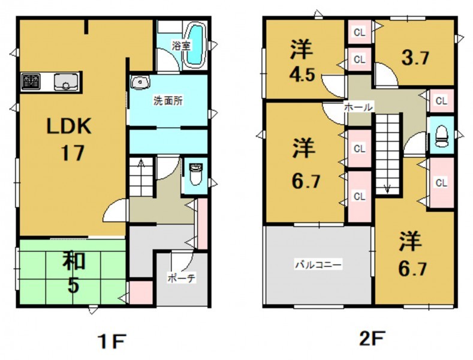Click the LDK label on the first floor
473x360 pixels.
(69, 126)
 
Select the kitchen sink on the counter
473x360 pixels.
(66, 82)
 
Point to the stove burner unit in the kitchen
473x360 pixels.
(31, 82)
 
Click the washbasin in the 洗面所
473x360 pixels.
(140, 83)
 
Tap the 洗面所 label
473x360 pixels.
(168, 101)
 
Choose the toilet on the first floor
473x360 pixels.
(196, 174)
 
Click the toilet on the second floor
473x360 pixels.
(442, 136)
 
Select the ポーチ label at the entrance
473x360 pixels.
(182, 278)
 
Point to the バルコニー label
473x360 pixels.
(318, 265)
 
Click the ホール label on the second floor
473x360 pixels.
(358, 107)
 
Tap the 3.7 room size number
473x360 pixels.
(415, 58)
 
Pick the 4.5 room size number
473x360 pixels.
(303, 74)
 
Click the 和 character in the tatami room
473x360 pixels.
(74, 260)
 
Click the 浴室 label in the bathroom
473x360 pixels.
(181, 46)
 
